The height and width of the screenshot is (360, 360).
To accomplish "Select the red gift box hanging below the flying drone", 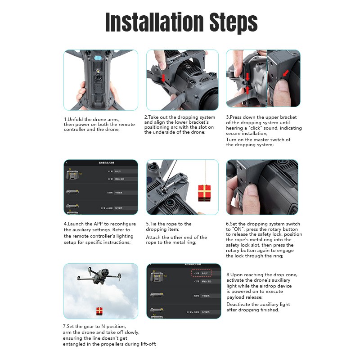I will pos(99,310).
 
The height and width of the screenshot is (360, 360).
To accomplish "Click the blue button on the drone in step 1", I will pos(100,58).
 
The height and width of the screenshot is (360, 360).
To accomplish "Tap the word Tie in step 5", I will pos(155,224).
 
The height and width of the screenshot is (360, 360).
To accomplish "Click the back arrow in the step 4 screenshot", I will pos(66,162).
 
